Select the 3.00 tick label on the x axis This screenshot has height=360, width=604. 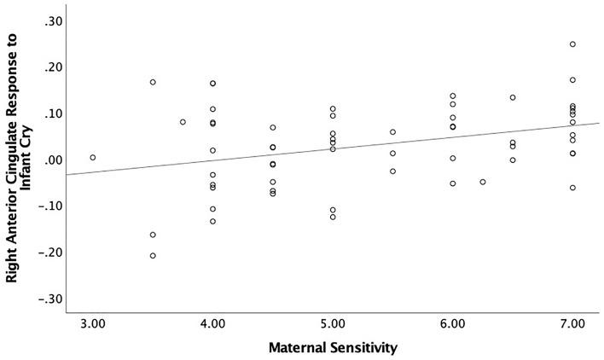(93, 324)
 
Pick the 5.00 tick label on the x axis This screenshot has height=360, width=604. (333, 324)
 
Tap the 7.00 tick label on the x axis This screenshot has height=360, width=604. (572, 324)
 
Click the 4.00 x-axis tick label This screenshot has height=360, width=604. (212, 324)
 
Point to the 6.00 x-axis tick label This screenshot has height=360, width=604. (452, 324)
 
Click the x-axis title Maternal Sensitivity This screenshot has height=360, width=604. (333, 348)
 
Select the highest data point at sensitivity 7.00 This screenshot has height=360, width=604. (572, 44)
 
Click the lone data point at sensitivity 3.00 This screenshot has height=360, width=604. (93, 158)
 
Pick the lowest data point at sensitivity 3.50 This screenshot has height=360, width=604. (153, 256)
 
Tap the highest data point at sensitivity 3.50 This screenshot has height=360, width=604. (153, 83)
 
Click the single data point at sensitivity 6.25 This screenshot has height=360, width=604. (483, 182)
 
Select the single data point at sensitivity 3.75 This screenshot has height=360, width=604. (183, 122)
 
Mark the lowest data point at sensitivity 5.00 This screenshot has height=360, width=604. (333, 217)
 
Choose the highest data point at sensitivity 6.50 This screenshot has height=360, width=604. (513, 97)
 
